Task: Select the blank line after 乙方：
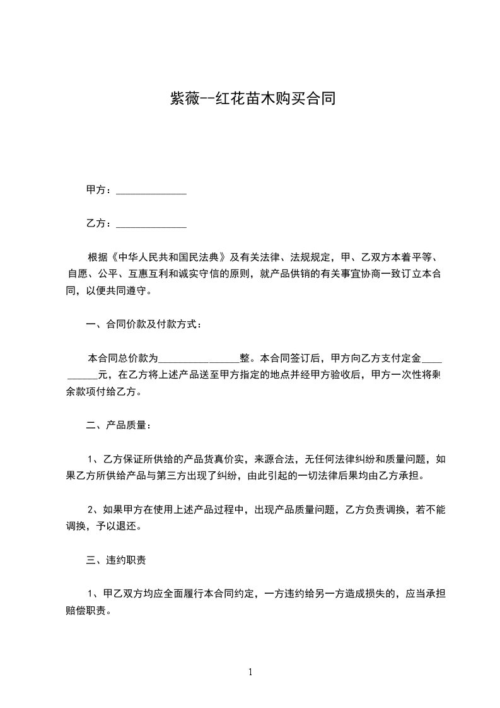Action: click(x=152, y=225)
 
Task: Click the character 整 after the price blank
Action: click(x=245, y=358)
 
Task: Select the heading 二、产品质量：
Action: click(x=119, y=425)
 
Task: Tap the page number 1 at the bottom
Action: click(x=250, y=672)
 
